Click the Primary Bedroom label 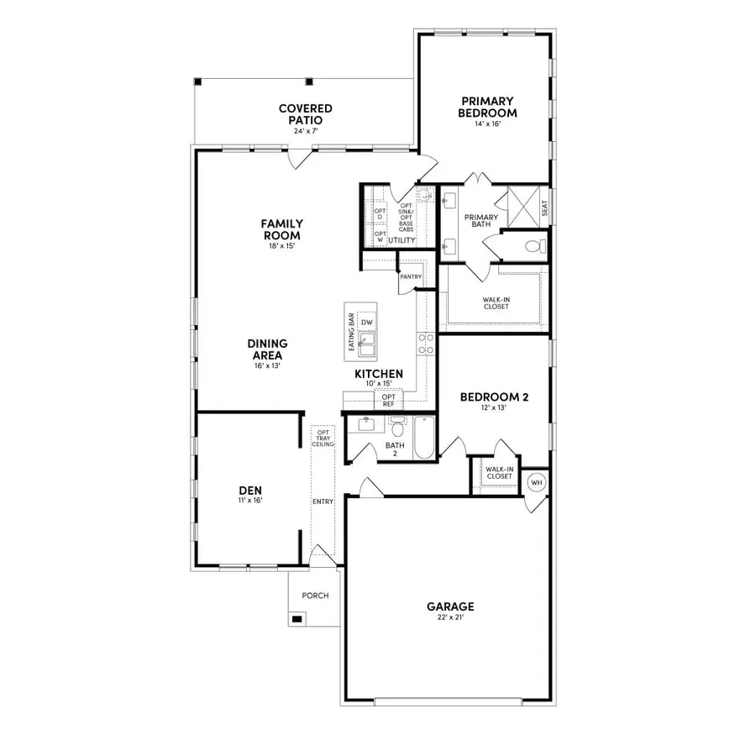tap(487, 107)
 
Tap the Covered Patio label tap(306, 113)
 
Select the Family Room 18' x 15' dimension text tap(281, 246)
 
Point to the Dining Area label tap(268, 349)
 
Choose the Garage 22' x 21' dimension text tap(450, 617)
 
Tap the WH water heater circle tap(536, 483)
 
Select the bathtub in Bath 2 tap(423, 438)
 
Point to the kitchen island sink tap(366, 342)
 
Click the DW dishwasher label tap(366, 323)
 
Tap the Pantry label tap(411, 276)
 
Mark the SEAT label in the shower tap(544, 207)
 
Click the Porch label tap(316, 596)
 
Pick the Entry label tap(323, 501)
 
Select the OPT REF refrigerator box tap(388, 400)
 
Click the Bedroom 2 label tap(494, 397)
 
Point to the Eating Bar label tap(351, 330)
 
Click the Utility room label tap(402, 240)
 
